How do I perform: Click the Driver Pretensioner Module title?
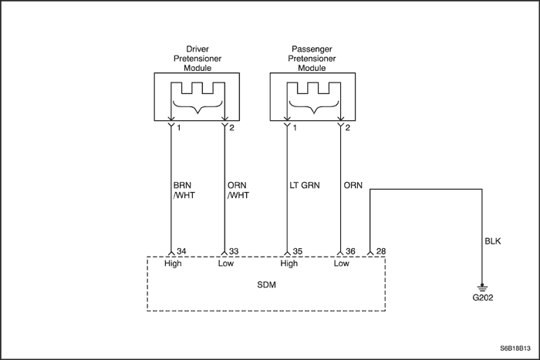coord(197,58)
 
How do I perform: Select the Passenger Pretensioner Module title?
coord(312,58)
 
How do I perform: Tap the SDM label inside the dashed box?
coord(265,284)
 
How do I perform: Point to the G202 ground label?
coord(483,296)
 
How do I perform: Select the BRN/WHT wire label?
coord(186,190)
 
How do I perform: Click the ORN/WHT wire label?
coord(240,190)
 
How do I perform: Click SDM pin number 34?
coord(182,251)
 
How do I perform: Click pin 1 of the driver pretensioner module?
coord(177,127)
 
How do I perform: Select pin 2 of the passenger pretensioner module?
coord(348,127)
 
